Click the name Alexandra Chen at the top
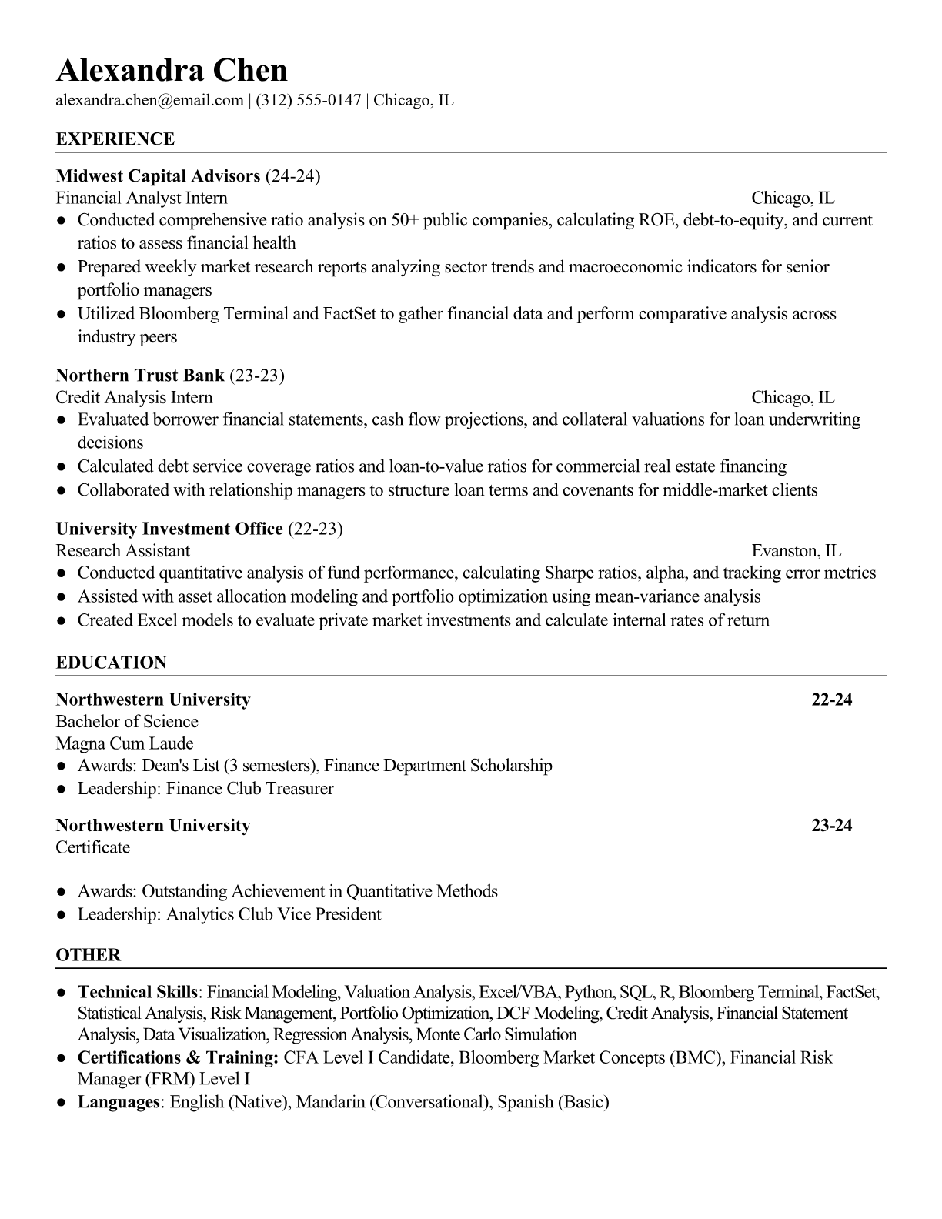click(172, 71)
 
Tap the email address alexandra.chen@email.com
click(149, 100)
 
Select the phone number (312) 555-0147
click(308, 100)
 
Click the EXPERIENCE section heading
click(115, 139)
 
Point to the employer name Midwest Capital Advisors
click(158, 176)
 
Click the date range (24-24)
click(292, 176)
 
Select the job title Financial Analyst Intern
click(142, 199)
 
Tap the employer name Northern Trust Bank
click(140, 376)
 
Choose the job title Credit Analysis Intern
click(134, 398)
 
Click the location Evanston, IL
click(796, 551)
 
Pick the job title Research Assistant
click(122, 551)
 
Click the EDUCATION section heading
click(111, 663)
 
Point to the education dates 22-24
click(831, 700)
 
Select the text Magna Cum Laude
click(125, 743)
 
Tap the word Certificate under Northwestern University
click(92, 847)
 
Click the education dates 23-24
click(831, 826)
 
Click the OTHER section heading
click(89, 955)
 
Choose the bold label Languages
click(118, 1102)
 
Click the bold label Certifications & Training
click(178, 1057)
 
